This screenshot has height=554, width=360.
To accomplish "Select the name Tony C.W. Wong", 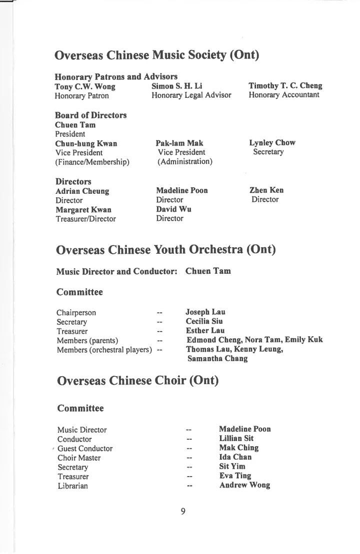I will click(x=85, y=86).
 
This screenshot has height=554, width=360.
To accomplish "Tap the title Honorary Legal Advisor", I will click(x=191, y=95).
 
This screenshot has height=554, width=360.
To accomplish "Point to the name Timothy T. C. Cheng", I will click(x=285, y=86).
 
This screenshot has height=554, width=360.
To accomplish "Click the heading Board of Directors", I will click(x=90, y=115).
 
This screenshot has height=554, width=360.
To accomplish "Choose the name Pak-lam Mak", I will click(x=179, y=143).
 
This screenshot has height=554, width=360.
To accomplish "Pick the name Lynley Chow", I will click(x=272, y=143).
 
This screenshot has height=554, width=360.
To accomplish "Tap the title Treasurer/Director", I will click(x=85, y=219).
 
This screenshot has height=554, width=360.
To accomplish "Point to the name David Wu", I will click(x=173, y=209).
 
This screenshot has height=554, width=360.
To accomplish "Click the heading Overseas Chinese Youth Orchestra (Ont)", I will click(x=166, y=249).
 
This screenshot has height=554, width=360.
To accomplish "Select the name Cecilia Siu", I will click(x=204, y=321).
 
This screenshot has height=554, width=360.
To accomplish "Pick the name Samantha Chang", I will click(x=217, y=359).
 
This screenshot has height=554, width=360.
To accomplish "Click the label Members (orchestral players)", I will click(x=104, y=350).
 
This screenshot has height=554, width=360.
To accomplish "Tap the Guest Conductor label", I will click(x=85, y=449).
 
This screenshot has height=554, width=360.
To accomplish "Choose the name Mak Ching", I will click(x=239, y=448).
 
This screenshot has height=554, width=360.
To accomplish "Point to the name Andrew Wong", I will click(x=244, y=485).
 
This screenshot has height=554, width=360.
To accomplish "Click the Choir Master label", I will click(x=79, y=458).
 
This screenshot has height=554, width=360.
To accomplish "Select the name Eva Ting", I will click(x=235, y=476).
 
